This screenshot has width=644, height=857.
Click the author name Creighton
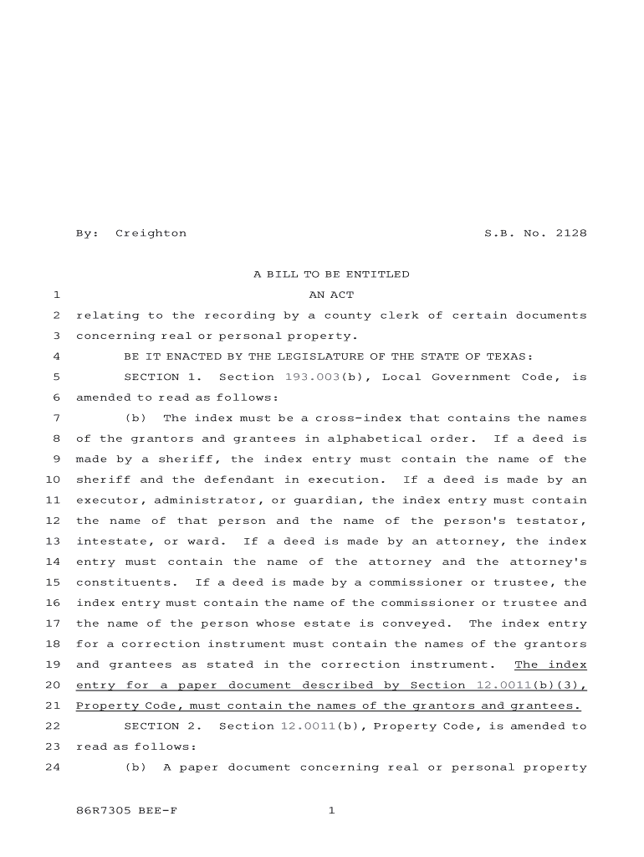coord(151,233)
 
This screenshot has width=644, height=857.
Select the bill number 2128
coord(570,233)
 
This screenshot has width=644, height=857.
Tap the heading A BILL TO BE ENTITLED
coord(331,275)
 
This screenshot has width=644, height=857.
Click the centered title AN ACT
coord(331,295)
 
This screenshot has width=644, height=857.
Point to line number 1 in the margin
coord(55,295)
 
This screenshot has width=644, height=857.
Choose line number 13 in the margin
coord(52,541)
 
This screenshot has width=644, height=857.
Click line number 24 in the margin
coord(52,767)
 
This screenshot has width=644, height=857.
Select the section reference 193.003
coord(313,377)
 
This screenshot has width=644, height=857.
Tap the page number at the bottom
coord(331,810)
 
